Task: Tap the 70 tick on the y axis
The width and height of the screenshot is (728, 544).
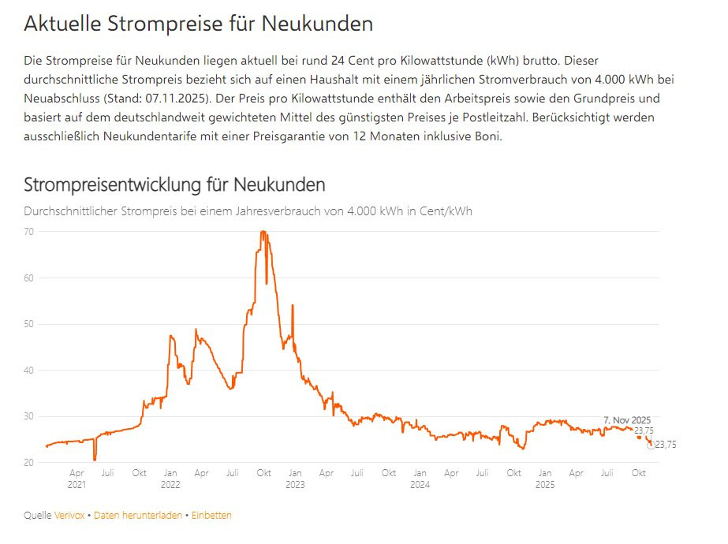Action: (x=28, y=232)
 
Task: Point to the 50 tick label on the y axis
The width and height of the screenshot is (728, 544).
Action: (x=28, y=324)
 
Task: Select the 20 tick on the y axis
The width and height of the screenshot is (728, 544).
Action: (x=28, y=463)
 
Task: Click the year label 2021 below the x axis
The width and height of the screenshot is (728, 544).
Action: (x=77, y=485)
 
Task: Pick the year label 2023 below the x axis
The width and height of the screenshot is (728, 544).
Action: (x=295, y=485)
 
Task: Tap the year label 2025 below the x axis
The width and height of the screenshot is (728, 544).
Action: (x=545, y=485)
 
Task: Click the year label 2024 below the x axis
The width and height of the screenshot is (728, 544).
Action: (x=420, y=485)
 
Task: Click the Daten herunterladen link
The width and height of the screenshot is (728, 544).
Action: (x=138, y=516)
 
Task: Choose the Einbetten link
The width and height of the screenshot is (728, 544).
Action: (x=211, y=516)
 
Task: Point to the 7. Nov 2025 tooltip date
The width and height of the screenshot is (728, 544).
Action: (x=627, y=420)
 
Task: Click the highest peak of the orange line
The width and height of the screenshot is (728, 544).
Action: (x=263, y=232)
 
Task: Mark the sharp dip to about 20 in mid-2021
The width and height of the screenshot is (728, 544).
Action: (x=95, y=458)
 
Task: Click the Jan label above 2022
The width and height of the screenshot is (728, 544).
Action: (x=170, y=473)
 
